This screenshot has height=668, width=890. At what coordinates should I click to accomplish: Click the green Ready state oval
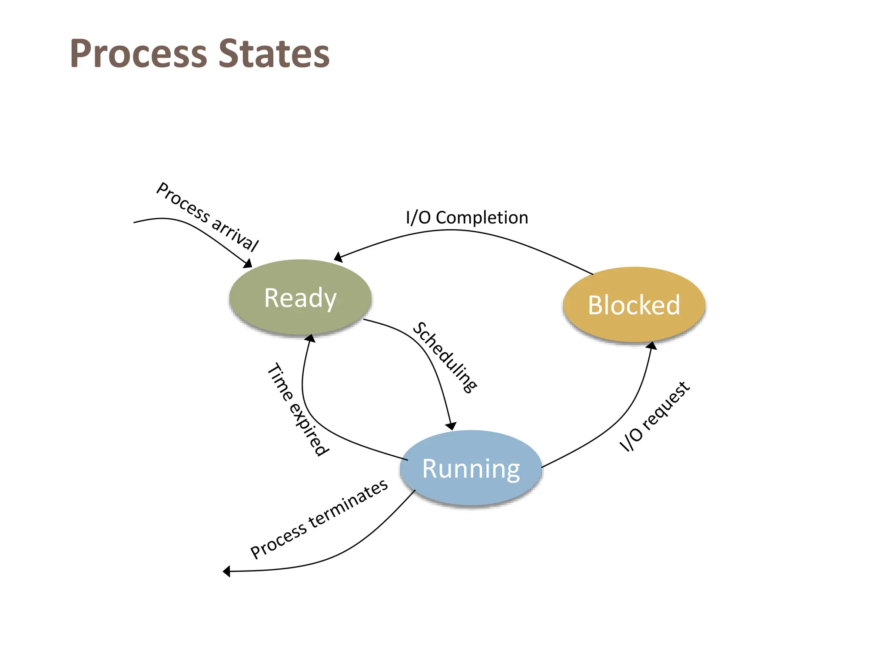(300, 297)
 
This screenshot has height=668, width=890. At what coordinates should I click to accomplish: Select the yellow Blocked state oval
(634, 304)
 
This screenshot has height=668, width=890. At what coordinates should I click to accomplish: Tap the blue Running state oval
(471, 468)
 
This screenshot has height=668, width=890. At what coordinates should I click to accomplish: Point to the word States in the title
(274, 54)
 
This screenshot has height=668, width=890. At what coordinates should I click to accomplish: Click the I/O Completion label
(467, 217)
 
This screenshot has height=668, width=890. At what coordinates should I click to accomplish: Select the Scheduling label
(444, 357)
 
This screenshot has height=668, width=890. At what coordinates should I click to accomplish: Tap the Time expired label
(298, 409)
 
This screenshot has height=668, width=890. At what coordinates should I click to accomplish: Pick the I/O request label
(654, 417)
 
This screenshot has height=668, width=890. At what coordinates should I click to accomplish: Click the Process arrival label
(207, 217)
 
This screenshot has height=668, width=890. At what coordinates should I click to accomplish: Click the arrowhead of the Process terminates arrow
(226, 571)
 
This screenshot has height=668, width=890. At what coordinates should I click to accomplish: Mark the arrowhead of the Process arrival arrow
(248, 264)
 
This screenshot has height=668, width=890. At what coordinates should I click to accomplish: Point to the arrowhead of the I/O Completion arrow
(338, 257)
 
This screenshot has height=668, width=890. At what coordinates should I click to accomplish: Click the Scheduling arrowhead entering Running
(452, 426)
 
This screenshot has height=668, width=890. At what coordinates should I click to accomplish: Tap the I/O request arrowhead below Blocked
(652, 346)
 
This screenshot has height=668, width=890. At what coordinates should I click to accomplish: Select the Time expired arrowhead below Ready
(310, 338)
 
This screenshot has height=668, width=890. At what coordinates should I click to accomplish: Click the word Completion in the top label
(482, 217)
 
